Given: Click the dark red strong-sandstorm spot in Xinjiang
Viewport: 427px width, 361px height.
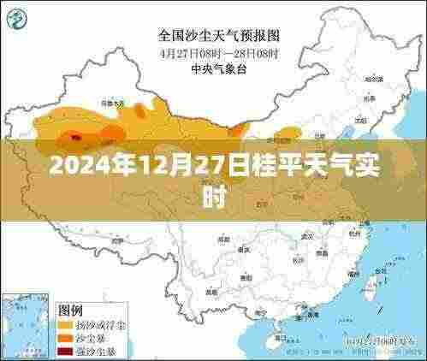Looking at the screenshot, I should [75, 135].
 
